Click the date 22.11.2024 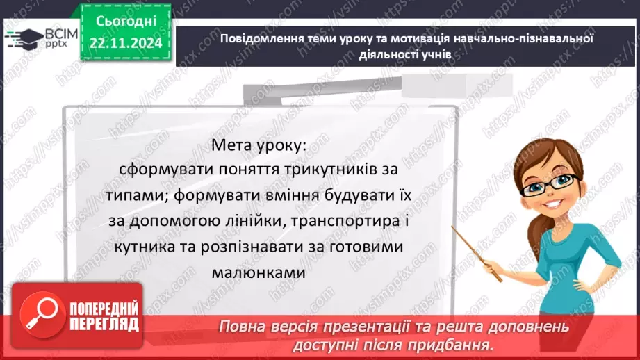click(x=125, y=43)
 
